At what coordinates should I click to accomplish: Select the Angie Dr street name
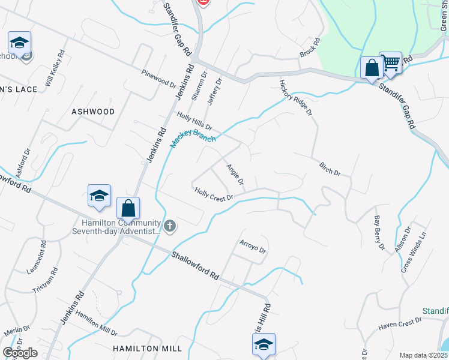click(235, 174)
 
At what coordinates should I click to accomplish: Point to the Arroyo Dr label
click(253, 247)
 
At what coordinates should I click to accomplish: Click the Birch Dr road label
click(330, 169)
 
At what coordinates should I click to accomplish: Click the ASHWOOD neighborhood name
click(93, 112)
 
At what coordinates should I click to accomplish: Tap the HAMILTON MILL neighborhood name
click(138, 348)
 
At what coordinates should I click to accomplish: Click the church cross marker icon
click(170, 226)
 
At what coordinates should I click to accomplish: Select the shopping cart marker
click(391, 61)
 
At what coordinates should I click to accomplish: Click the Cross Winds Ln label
click(414, 253)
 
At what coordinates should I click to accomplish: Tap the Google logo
click(20, 353)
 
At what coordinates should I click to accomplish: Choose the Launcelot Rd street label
click(37, 257)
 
